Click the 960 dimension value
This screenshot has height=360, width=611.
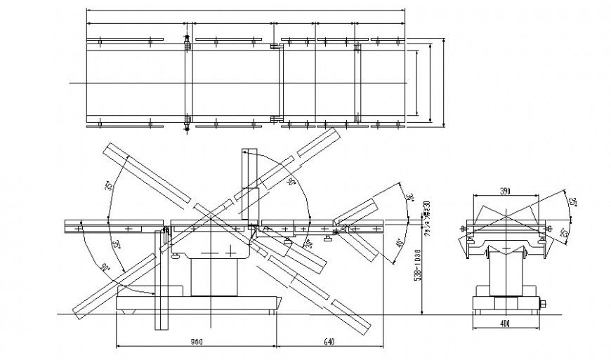pyautogui.click(x=197, y=342)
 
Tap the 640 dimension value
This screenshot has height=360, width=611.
pyautogui.click(x=329, y=342)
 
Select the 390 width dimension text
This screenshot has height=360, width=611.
pyautogui.click(x=505, y=191)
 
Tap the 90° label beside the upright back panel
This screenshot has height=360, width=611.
pyautogui.click(x=292, y=182)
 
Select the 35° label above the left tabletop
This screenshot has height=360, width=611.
pyautogui.click(x=110, y=186)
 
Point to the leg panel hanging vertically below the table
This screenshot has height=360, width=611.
pyautogui.click(x=161, y=288)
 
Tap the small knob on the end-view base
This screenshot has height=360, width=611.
pyautogui.click(x=543, y=303)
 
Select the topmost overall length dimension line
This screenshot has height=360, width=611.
pyautogui.click(x=246, y=11)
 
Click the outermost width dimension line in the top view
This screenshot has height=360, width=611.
pyautogui.click(x=445, y=83)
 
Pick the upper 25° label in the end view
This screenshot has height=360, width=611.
pyautogui.click(x=572, y=203)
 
